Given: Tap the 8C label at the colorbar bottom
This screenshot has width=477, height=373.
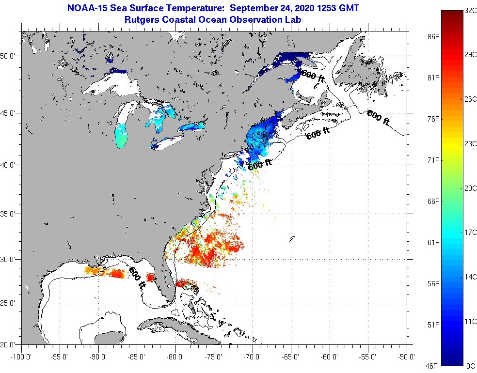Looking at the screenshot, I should pos(469,364).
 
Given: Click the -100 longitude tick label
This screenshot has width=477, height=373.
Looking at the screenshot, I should pos(20,357).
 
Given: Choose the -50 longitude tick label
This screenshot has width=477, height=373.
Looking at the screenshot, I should pos(406,357).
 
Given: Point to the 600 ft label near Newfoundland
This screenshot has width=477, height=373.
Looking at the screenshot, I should pos(378,118).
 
